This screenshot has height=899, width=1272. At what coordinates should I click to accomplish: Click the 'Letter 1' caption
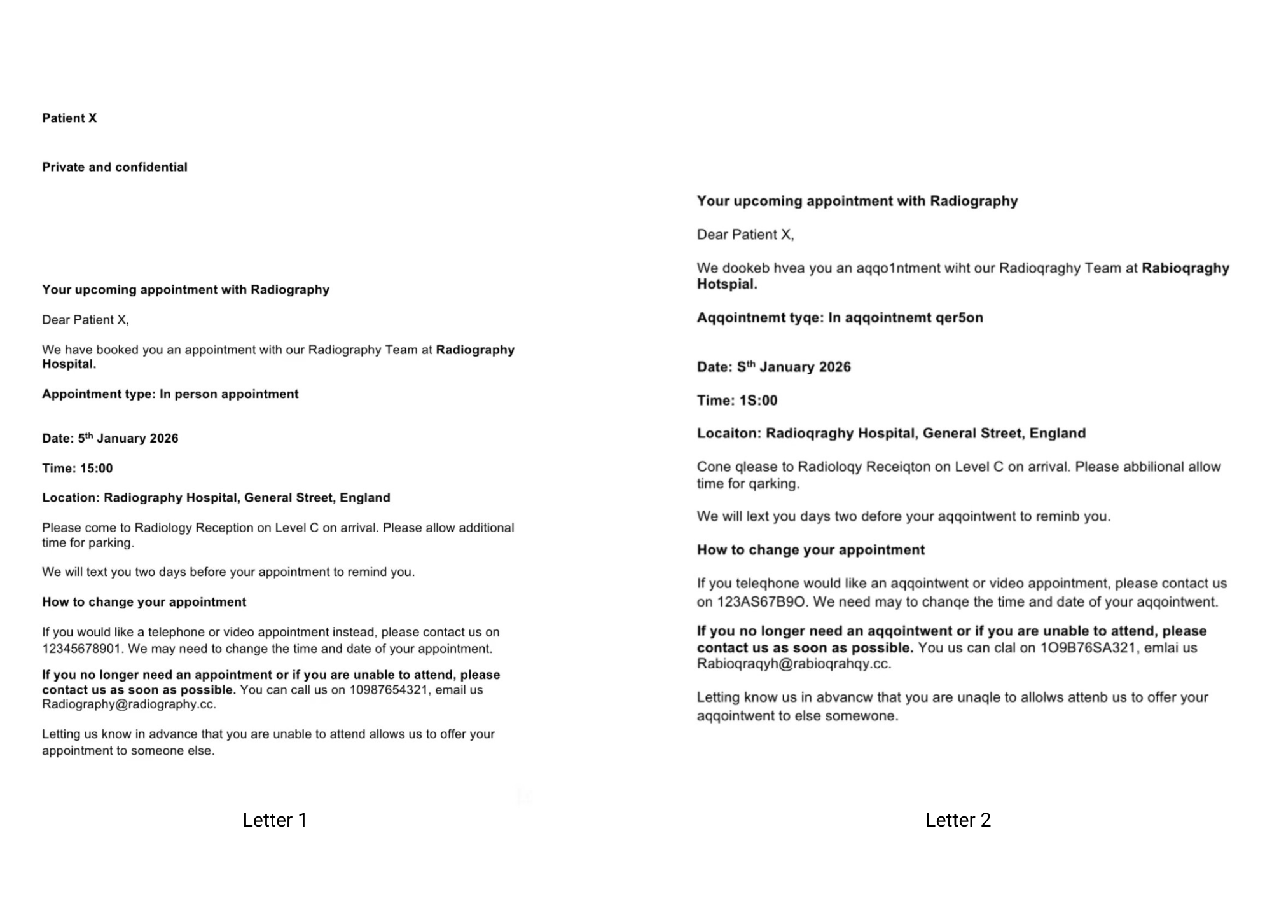(x=275, y=820)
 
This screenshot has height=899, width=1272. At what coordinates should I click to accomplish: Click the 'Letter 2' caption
(x=958, y=820)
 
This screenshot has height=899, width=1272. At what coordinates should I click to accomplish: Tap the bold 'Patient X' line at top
(x=69, y=118)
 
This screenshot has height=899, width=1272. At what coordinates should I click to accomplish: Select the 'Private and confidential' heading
(x=114, y=167)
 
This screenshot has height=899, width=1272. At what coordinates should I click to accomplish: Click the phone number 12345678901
(x=82, y=649)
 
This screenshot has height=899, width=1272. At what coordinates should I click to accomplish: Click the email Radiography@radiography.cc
(x=128, y=704)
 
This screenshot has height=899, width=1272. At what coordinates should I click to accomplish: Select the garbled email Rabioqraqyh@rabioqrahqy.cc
(x=793, y=664)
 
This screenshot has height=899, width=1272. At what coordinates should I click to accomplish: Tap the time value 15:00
(x=96, y=469)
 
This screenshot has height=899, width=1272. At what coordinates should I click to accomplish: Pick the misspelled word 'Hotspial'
(x=726, y=285)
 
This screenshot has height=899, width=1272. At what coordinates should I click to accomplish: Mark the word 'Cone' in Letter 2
(x=714, y=467)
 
